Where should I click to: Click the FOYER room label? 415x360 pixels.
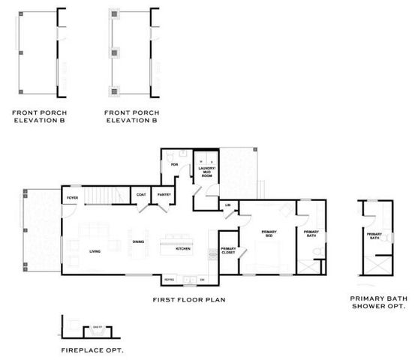tap(73, 198)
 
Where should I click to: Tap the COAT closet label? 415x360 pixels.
tap(141, 195)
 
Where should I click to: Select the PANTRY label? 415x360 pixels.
tap(164, 195)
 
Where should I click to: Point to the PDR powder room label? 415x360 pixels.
tap(173, 164)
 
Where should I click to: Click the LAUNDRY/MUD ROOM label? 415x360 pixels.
tap(206, 171)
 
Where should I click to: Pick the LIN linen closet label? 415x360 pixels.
tap(227, 204)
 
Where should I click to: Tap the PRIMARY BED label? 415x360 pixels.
tap(269, 234)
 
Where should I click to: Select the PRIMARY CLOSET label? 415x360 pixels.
tap(228, 250)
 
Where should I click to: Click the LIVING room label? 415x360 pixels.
tap(95, 251)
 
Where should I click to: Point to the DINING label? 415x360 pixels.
tap(138, 241)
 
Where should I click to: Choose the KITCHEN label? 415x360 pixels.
tap(183, 248)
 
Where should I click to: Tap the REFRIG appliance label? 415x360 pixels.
tap(169, 279)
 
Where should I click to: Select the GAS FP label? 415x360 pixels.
tap(97, 328)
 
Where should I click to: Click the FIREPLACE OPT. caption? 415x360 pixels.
tap(92, 349)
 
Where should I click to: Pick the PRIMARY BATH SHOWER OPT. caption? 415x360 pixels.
tap(379, 302)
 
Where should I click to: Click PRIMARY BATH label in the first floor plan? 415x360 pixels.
tap(311, 234)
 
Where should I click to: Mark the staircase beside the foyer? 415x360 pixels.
tap(101, 196)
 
